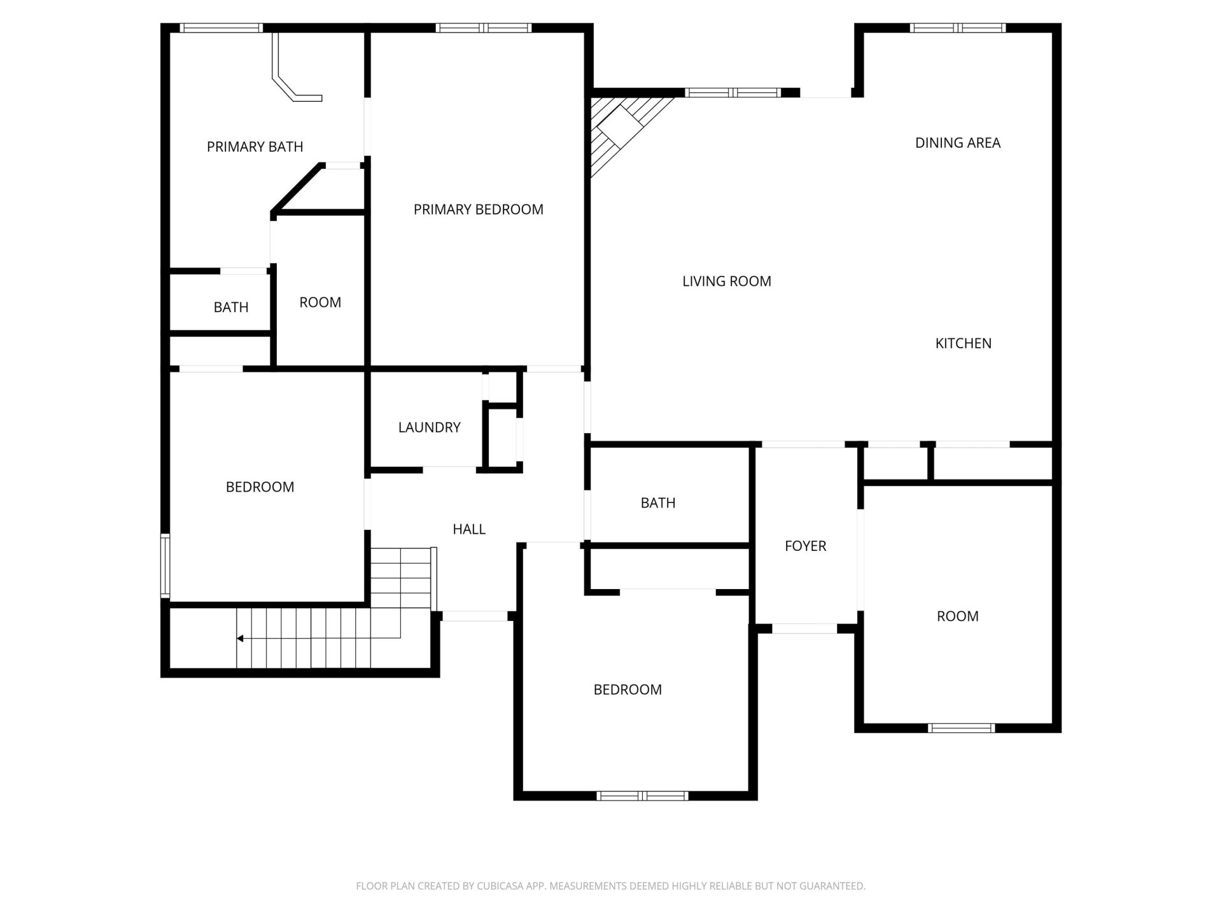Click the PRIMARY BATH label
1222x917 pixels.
tap(255, 146)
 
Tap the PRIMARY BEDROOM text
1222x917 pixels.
tap(479, 210)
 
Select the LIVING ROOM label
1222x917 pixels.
tap(727, 281)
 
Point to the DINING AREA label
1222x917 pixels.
tap(958, 143)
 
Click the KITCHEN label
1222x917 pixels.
tap(964, 343)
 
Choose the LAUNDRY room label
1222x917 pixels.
tap(430, 427)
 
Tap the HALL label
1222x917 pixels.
tap(469, 529)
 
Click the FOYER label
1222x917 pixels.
tap(806, 546)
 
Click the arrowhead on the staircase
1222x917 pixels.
tap(240, 638)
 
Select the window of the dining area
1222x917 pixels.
tap(958, 28)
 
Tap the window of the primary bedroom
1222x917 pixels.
tap(484, 28)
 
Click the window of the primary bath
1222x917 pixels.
tap(221, 28)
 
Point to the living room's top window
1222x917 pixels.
tap(733, 93)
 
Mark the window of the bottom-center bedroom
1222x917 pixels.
tap(643, 796)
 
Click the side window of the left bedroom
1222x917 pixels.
tap(165, 565)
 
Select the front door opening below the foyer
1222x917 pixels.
tap(804, 629)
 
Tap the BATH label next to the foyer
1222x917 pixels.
tap(658, 503)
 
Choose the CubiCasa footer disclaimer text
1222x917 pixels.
tap(611, 886)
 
